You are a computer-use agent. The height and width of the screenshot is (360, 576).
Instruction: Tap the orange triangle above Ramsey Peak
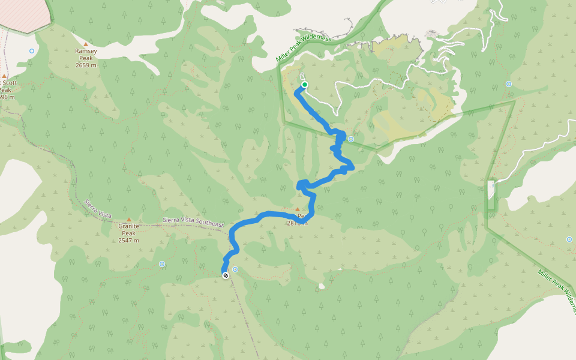86,44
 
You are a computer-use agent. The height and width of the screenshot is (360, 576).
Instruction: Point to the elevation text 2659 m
86,65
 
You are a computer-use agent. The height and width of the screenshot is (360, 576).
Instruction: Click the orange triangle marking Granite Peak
128,220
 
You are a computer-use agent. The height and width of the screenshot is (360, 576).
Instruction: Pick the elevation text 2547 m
128,240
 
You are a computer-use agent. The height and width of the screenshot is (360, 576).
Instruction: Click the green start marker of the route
305,85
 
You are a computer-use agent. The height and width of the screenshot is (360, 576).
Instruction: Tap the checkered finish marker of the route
226,275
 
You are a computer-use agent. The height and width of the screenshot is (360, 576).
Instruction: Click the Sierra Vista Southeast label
193,222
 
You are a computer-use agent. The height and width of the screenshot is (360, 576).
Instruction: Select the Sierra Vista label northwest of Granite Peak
98,211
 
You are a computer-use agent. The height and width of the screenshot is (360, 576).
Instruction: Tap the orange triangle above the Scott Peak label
4,76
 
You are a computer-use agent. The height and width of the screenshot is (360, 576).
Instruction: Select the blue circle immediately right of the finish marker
235,269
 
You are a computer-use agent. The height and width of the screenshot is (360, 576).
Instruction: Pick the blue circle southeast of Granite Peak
162,264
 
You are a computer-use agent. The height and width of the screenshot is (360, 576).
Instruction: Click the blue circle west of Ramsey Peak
32,51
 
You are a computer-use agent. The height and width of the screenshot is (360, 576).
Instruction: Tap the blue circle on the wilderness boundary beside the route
351,139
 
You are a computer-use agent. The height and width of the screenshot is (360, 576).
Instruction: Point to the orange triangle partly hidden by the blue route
297,209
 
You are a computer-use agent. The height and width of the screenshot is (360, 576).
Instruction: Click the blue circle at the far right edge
569,239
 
